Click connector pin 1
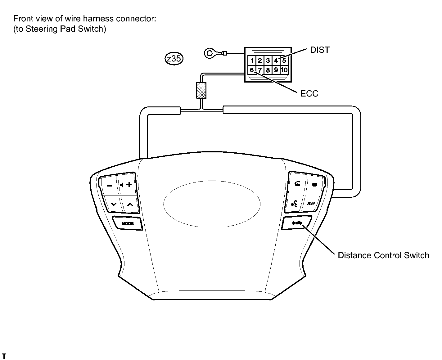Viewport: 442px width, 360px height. pyautogui.click(x=252, y=61)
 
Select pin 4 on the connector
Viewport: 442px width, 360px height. pyautogui.click(x=276, y=61)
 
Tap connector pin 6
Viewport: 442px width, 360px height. pyautogui.click(x=252, y=70)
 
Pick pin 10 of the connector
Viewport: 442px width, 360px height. pyautogui.click(x=284, y=70)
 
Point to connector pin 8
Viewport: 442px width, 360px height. pyautogui.click(x=268, y=70)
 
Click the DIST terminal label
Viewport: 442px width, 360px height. pyautogui.click(x=320, y=50)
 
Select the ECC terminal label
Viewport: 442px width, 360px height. pyautogui.click(x=309, y=94)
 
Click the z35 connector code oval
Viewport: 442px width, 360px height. pyautogui.click(x=174, y=59)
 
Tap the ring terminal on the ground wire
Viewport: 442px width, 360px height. pyautogui.click(x=210, y=53)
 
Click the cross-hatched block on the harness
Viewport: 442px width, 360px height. pyautogui.click(x=201, y=90)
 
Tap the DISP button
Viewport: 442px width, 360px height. pyautogui.click(x=311, y=203)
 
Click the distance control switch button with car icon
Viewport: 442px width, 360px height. pyautogui.click(x=297, y=223)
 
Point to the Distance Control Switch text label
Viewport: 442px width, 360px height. pyautogui.click(x=383, y=255)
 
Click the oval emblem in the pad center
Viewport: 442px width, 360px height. pyautogui.click(x=212, y=204)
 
